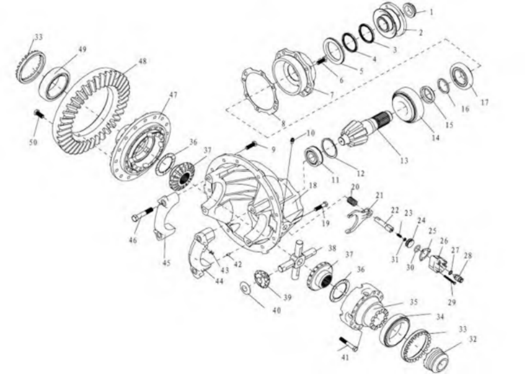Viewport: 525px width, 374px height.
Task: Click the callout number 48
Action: tap(142, 62)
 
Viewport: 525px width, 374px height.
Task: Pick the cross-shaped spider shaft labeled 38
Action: tap(297, 259)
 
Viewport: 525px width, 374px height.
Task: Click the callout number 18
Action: tap(313, 185)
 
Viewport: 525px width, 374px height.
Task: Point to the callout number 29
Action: tap(452, 302)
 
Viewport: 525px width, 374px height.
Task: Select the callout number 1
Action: tap(431, 12)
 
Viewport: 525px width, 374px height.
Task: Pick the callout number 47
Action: tap(173, 95)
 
